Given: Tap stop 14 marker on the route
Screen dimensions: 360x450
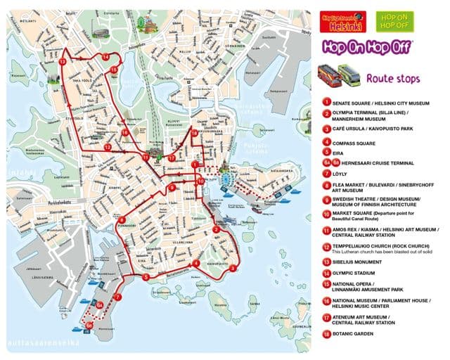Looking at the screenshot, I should (105, 57).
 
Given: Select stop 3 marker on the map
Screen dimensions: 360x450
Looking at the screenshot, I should (232, 268).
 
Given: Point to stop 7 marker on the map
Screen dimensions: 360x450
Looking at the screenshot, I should (117, 297).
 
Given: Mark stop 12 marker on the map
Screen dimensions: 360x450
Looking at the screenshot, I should (107, 148).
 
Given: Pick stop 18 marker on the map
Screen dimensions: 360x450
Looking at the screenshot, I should (194, 133).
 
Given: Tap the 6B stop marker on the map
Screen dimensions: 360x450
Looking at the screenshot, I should (90, 326).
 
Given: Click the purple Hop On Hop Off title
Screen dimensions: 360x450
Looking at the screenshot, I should (366, 47).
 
